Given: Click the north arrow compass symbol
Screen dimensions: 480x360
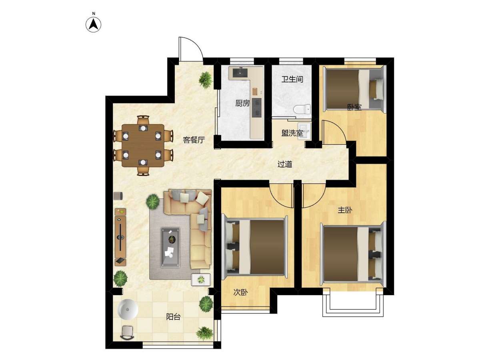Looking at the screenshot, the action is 93,25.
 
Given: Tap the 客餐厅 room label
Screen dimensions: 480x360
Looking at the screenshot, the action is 194,140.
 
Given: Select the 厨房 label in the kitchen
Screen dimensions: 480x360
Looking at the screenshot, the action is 242,103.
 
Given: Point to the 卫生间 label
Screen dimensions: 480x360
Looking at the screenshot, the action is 292,79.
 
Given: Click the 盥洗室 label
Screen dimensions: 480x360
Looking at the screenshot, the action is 292,133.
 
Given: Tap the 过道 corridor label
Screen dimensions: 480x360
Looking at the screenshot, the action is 285,164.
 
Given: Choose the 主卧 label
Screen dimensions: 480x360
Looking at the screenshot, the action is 345,210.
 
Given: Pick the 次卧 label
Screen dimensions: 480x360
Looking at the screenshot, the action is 240,292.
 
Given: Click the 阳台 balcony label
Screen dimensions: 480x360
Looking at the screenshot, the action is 173,316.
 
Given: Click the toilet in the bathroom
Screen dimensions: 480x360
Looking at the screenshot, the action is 302,109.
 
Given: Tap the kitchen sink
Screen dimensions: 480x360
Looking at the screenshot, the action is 240,73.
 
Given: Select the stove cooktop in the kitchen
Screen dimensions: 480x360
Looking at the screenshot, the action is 257,108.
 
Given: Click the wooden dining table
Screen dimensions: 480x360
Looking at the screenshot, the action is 143,145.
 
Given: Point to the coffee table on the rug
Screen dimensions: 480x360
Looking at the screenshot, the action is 170,248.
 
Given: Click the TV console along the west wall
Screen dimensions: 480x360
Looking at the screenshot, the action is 120,237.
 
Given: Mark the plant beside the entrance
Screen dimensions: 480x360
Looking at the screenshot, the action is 206,80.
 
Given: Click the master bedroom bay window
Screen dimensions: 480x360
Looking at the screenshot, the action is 353,302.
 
